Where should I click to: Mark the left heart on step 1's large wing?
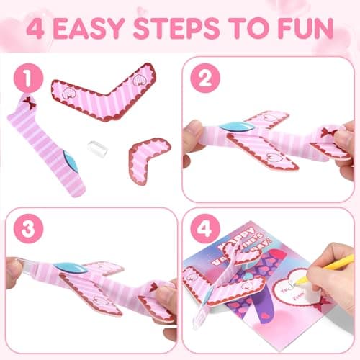pyautogui.click(x=66, y=91)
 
